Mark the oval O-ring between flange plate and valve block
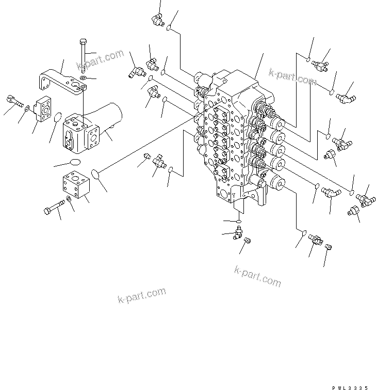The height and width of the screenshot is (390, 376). (x=58, y=119)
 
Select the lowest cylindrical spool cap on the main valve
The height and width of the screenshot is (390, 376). (x=276, y=182)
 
